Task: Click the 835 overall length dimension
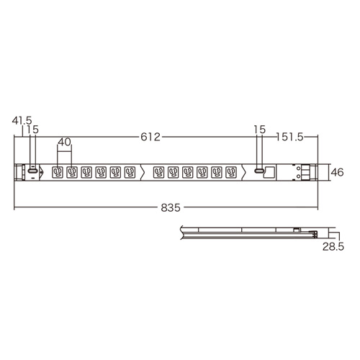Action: [x=171, y=207]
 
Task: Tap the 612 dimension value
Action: [x=149, y=137]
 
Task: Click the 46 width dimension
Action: [x=336, y=172]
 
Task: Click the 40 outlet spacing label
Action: [x=64, y=143]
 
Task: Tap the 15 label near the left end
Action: [x=32, y=129]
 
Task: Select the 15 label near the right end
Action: [x=260, y=129]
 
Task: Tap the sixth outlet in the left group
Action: [x=130, y=172]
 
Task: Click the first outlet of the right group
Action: [x=158, y=172]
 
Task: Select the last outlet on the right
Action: [x=230, y=172]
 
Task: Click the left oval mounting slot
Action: [x=31, y=172]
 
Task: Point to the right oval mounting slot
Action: [x=258, y=172]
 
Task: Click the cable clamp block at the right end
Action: [x=305, y=172]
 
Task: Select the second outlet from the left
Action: [x=72, y=172]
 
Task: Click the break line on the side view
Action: [x=182, y=231]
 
